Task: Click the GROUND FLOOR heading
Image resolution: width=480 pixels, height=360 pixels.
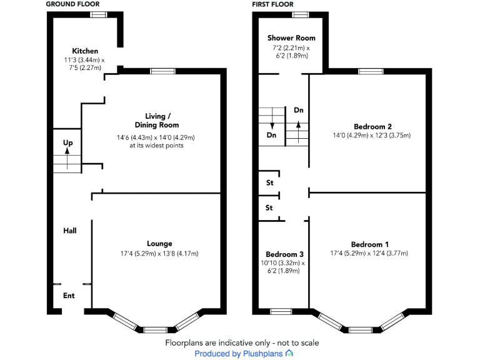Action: [73, 4]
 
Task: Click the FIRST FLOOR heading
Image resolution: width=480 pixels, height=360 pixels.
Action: [272, 4]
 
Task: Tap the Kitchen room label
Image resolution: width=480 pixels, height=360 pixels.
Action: [85, 51]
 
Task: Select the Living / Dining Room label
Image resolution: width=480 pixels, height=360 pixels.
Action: [155, 120]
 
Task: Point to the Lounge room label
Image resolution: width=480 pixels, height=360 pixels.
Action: [159, 244]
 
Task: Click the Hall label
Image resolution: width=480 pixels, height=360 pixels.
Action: [70, 231]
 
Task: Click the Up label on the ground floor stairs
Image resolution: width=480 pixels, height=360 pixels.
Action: [67, 143]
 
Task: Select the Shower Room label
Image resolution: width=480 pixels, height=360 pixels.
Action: [291, 38]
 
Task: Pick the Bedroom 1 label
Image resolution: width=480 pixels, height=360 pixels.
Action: [369, 244]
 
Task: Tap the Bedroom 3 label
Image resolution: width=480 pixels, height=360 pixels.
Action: [284, 254]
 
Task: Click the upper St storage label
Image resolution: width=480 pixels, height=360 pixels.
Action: [270, 183]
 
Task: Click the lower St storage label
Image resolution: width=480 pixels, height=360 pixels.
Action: [270, 207]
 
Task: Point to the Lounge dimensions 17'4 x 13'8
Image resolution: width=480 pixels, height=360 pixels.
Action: [159, 253]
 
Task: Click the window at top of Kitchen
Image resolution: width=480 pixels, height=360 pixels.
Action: [98, 14]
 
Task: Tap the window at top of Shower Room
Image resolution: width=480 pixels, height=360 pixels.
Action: [301, 14]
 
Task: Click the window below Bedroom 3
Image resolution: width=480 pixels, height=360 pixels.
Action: [281, 311]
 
